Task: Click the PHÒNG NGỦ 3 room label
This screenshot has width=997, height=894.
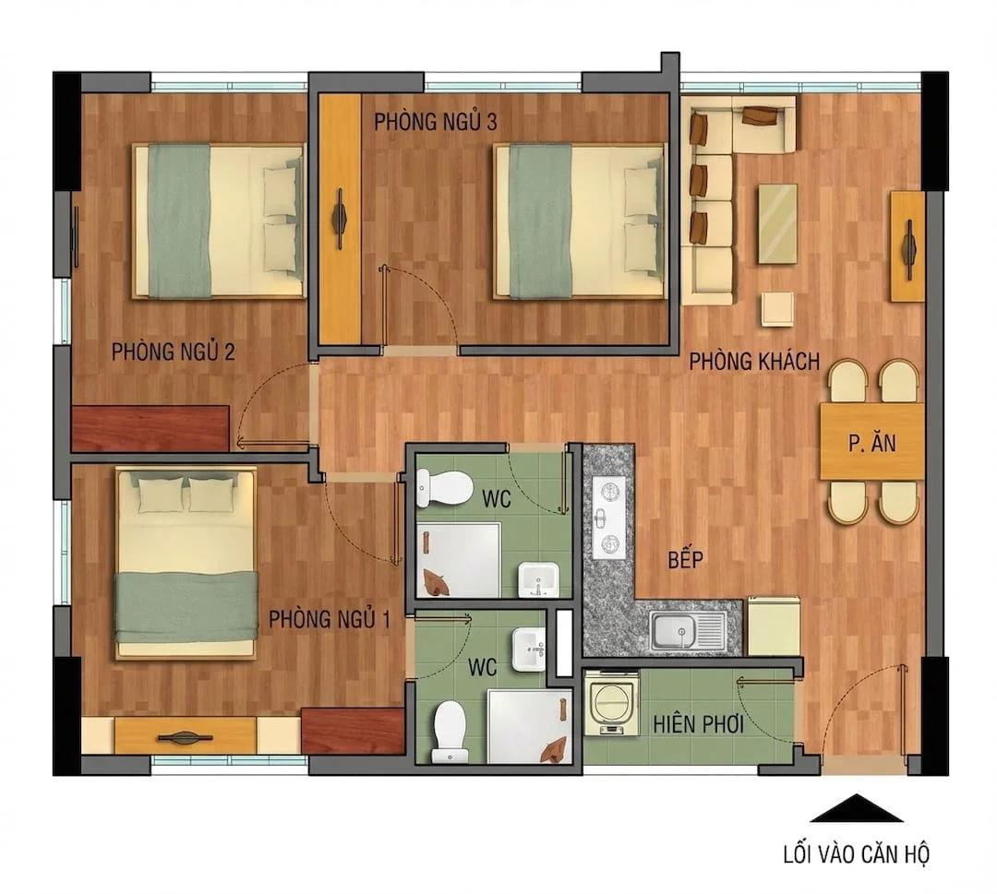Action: tap(436, 122)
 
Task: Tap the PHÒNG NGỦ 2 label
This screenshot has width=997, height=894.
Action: tap(174, 352)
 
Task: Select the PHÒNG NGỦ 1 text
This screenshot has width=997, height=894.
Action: tap(330, 619)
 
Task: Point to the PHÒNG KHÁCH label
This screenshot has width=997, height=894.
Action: tap(754, 362)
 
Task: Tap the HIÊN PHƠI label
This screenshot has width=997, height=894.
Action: tap(699, 724)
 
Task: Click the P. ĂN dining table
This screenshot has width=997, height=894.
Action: tap(871, 442)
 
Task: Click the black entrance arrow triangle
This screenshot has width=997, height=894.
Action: tap(856, 809)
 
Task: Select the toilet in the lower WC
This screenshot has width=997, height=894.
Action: tap(450, 732)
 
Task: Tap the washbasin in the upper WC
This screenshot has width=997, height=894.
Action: tap(537, 579)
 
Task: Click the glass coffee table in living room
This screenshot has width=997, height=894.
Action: tap(777, 223)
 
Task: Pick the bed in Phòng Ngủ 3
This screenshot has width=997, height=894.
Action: tap(579, 221)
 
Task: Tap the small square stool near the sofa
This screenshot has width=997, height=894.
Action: tap(777, 308)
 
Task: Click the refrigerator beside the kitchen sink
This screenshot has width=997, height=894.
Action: tap(774, 626)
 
